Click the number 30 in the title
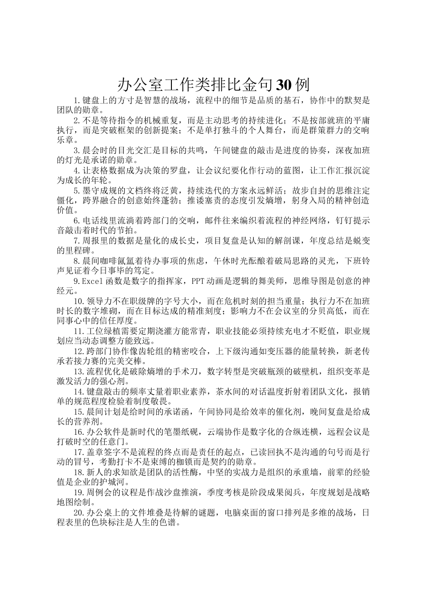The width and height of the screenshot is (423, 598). click(x=285, y=85)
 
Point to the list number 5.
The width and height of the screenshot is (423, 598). click(x=76, y=191)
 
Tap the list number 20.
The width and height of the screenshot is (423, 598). click(x=78, y=512)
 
